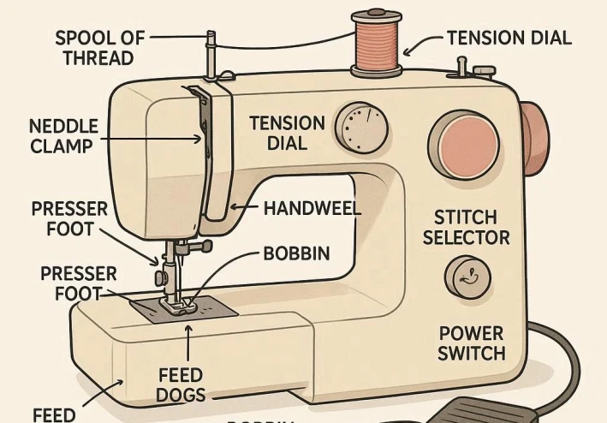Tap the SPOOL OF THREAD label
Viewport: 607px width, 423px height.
point(99,48)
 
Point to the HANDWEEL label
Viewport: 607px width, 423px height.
point(312,208)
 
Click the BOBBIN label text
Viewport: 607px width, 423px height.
point(296,254)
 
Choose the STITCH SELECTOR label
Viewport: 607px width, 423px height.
point(466,227)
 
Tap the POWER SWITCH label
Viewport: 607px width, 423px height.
point(471,343)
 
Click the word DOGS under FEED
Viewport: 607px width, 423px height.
point(181,395)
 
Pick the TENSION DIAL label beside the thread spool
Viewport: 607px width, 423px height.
point(509,38)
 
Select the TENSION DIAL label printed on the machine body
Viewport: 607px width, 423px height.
point(287,133)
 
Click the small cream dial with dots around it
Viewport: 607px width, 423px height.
point(360,128)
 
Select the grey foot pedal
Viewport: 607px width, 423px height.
point(489,409)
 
